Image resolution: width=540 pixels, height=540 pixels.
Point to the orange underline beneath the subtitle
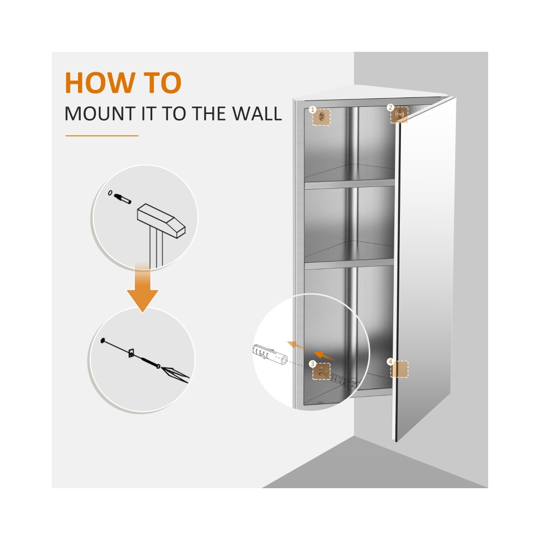coord(102,136)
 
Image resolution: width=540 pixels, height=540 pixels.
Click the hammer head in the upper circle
coord(161,220)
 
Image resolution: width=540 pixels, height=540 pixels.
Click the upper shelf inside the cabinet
coord(349,184)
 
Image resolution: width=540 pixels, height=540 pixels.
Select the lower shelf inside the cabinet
coord(349,265)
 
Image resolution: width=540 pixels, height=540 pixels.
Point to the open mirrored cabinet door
coord(424,268)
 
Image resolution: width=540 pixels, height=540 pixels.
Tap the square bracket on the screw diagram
coord(132,352)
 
